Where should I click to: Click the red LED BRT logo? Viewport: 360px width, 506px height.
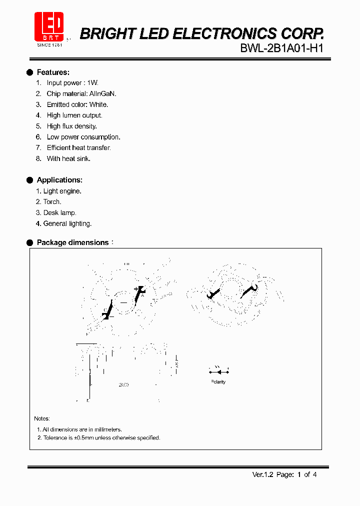pos(48,26)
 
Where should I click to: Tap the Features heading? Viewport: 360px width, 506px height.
pos(53,72)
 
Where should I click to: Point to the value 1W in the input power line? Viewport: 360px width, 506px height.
pos(92,83)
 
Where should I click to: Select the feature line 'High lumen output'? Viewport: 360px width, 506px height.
pos(74,115)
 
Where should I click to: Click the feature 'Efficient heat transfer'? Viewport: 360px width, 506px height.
pos(78,148)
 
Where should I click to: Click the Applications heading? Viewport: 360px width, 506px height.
pos(59,180)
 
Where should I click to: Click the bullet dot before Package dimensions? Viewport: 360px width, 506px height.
pos(29,242)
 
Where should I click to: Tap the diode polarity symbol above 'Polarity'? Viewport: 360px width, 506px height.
pos(218,371)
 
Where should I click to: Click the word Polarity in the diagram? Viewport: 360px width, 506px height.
pos(217,382)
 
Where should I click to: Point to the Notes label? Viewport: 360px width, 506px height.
pos(42,418)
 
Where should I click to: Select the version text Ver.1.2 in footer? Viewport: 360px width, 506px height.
pos(262,474)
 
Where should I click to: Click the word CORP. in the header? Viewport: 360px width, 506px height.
pos(301,33)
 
